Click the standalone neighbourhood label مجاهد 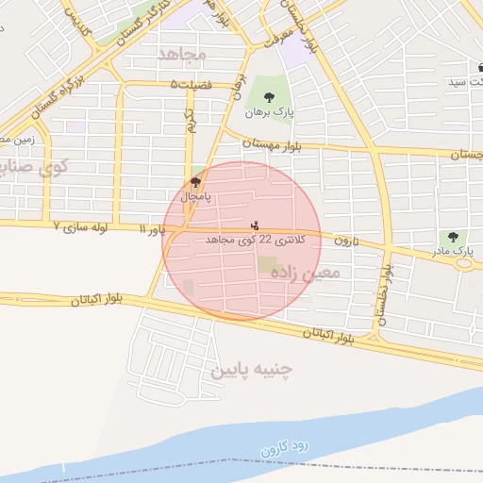183,54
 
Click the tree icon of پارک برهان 270,96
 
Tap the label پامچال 195,198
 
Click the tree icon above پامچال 195,183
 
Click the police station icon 255,226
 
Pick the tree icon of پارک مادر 455,237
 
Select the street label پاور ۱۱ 151,229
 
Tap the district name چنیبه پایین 251,368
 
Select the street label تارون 343,241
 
